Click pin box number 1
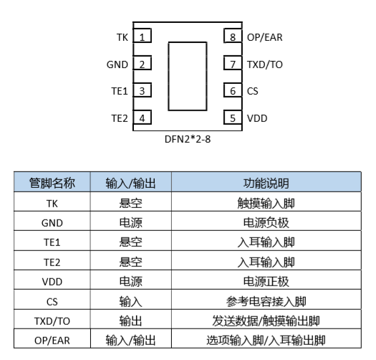[143, 36]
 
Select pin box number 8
[233, 36]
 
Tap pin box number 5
[233, 118]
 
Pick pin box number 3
[143, 90]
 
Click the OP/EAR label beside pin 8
[265, 37]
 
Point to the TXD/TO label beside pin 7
[265, 65]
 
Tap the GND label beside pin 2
[117, 65]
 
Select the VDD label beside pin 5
[257, 118]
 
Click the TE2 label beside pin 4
[120, 118]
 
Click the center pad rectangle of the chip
[188, 76]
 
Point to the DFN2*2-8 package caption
[188, 139]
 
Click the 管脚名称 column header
[52, 183]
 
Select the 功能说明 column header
[266, 184]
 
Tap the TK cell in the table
[52, 204]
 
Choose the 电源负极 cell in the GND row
[266, 222]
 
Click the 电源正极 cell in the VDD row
[266, 281]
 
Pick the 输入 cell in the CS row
[130, 301]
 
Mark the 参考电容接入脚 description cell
[266, 301]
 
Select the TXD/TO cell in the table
[52, 321]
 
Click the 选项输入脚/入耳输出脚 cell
[266, 341]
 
